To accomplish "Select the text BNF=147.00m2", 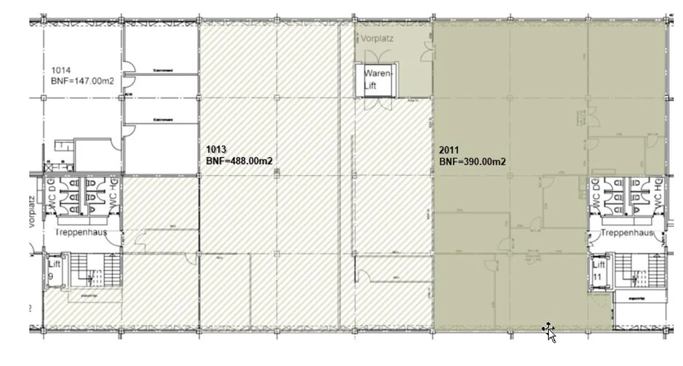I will pyautogui.click(x=83, y=81).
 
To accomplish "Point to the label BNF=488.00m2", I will pyautogui.click(x=239, y=161).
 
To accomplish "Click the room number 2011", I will pyautogui.click(x=449, y=151).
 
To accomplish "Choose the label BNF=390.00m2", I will pyautogui.click(x=472, y=162).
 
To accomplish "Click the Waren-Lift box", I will pyautogui.click(x=378, y=80).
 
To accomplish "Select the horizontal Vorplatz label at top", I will pyautogui.click(x=377, y=39).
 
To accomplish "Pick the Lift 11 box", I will pyautogui.click(x=599, y=270).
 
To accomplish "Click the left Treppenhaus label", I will pyautogui.click(x=81, y=232).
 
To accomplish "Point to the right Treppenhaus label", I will pyautogui.click(x=627, y=233).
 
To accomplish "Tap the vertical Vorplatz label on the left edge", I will pyautogui.click(x=32, y=211).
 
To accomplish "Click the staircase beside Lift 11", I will pyautogui.click(x=638, y=270).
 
